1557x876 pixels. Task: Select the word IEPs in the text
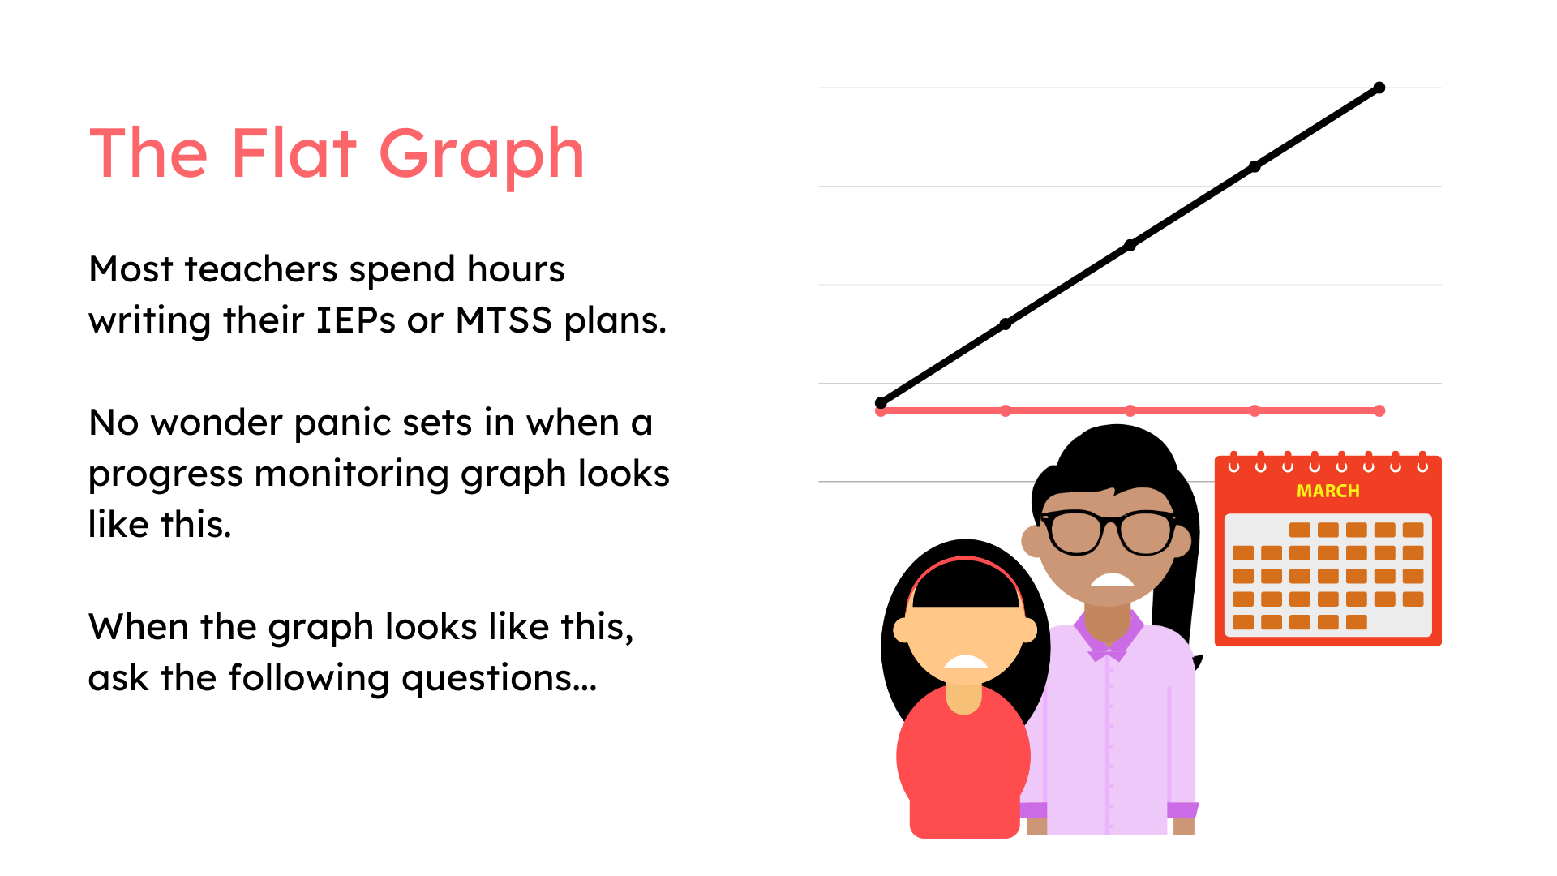point(356,320)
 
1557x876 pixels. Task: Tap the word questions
point(498,679)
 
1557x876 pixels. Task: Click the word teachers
point(261,269)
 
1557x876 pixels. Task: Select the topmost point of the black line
point(1379,88)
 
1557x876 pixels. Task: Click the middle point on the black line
point(1130,245)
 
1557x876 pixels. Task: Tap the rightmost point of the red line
point(1379,411)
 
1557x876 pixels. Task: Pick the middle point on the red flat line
point(1130,411)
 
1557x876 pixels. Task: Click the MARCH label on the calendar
point(1328,491)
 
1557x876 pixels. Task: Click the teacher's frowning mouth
point(1112,579)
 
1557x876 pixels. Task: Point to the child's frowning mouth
point(965,661)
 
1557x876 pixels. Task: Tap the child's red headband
point(965,561)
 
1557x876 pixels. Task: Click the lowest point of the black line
point(881,403)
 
